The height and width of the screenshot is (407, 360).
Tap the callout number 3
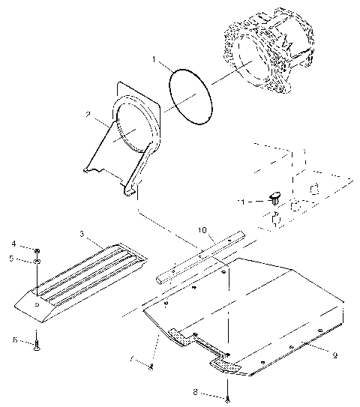(82, 234)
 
